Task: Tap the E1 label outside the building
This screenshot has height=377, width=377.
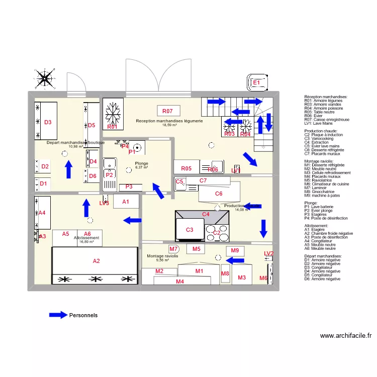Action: click(256, 82)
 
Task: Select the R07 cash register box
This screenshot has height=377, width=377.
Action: click(167, 111)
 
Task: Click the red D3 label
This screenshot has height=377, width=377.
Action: click(48, 122)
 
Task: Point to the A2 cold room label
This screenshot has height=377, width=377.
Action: click(96, 261)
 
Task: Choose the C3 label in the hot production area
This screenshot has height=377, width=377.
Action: click(190, 230)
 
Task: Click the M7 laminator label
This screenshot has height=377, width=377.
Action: click(174, 249)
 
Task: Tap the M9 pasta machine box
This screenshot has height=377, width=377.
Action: click(235, 250)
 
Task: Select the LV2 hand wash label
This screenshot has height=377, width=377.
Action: click(269, 254)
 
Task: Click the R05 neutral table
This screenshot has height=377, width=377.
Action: click(186, 168)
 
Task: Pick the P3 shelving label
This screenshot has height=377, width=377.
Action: click(129, 186)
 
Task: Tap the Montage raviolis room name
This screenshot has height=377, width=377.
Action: click(162, 256)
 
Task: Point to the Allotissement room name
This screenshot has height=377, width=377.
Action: click(86, 238)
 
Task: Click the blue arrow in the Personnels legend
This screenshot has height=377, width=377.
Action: click(58, 315)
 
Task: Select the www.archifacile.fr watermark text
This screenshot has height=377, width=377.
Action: click(346, 336)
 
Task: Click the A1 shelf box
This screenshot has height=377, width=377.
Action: click(126, 202)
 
